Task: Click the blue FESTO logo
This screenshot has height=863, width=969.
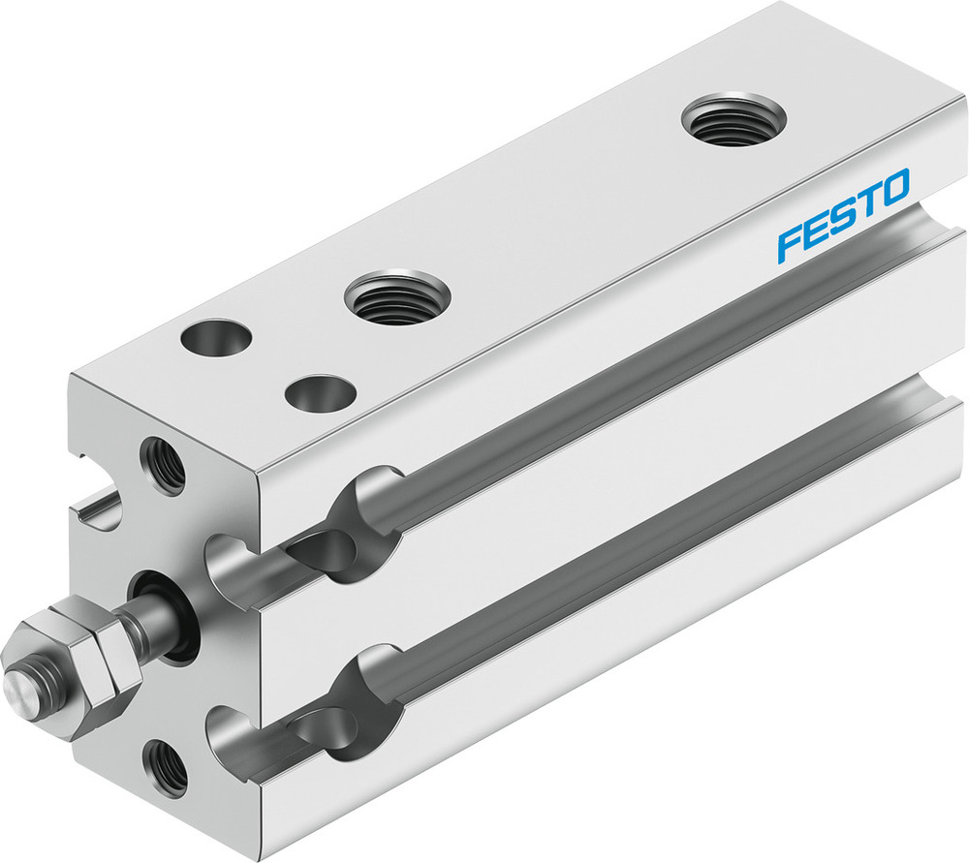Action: click(x=842, y=214)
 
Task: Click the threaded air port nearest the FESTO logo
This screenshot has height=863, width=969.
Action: click(x=733, y=120)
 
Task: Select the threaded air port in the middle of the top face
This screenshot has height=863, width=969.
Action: click(x=397, y=296)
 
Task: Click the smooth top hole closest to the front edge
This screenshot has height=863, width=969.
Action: click(x=319, y=393)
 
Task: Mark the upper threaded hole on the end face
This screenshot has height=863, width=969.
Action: click(x=162, y=465)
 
